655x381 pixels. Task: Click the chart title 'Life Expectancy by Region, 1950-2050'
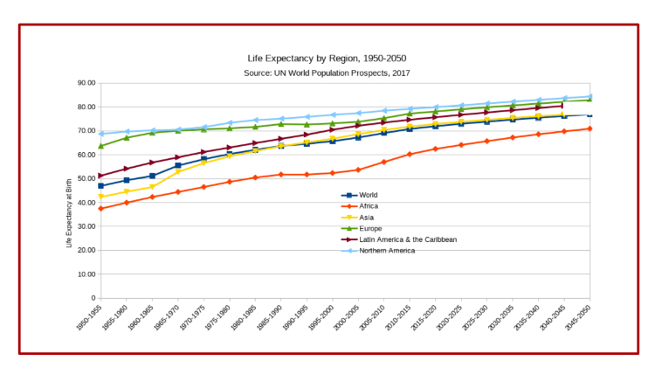327,59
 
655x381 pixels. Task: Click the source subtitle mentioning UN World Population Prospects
327,73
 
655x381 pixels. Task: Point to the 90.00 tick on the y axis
86,83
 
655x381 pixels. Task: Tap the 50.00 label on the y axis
86,178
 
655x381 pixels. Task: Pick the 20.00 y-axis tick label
86,250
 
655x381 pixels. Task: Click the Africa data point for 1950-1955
101,208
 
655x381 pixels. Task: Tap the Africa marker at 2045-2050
590,128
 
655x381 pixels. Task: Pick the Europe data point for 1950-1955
101,146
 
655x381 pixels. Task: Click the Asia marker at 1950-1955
101,197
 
